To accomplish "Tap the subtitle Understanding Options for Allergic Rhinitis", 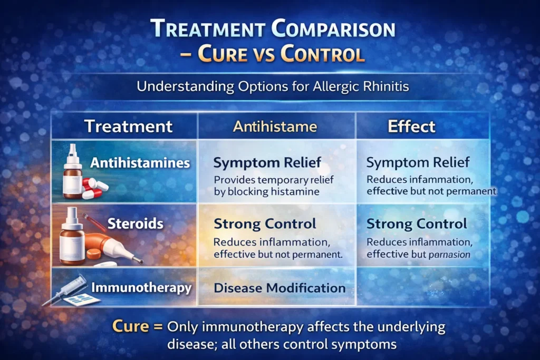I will click(273, 86).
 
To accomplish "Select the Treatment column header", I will click(128, 127).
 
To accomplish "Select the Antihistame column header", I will click(276, 127).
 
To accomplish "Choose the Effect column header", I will click(411, 127).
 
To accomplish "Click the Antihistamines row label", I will click(140, 163).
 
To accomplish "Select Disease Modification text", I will click(279, 288).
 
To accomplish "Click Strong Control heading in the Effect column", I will click(417, 223).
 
